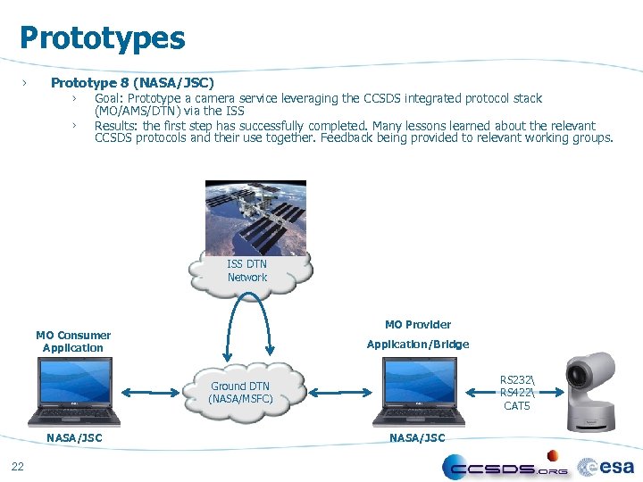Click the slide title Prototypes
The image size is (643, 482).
[x=102, y=38]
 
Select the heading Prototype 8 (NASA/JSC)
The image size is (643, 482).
[x=132, y=83]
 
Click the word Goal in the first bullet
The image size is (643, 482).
[x=109, y=98]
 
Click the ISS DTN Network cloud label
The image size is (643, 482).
[x=247, y=271]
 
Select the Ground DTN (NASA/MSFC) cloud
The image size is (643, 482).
[x=240, y=393]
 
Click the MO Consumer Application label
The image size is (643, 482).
[x=73, y=342]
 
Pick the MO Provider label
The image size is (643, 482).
[x=418, y=325]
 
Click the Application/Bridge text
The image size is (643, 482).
[x=418, y=345]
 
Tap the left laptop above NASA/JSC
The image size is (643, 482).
[x=73, y=392]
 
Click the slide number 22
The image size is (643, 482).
[x=18, y=465]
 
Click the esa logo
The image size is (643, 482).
[x=606, y=467]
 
